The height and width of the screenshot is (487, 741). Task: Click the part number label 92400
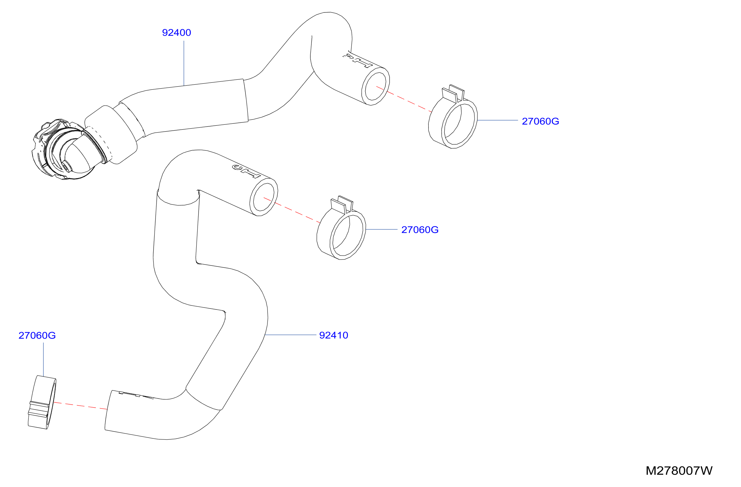click(x=177, y=33)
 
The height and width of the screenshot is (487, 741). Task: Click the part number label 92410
click(x=334, y=335)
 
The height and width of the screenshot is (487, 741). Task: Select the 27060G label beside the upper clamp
click(x=540, y=121)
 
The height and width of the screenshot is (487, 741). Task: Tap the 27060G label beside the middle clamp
click(x=420, y=230)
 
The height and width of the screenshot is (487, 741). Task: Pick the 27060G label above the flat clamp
click(x=37, y=335)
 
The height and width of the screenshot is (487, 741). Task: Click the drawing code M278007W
click(x=679, y=471)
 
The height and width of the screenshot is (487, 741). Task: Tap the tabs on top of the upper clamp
click(x=454, y=93)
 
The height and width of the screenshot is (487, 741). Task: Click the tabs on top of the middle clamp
click(x=342, y=204)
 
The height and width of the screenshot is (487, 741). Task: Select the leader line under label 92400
click(x=184, y=63)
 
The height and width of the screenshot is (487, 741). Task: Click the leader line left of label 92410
click(x=290, y=335)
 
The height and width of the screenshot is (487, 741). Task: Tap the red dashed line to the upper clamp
click(x=404, y=99)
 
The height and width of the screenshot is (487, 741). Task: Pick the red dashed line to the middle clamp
click(x=292, y=210)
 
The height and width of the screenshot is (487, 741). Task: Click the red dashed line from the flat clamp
click(x=80, y=406)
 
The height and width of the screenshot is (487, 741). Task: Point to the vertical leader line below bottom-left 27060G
click(x=43, y=360)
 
